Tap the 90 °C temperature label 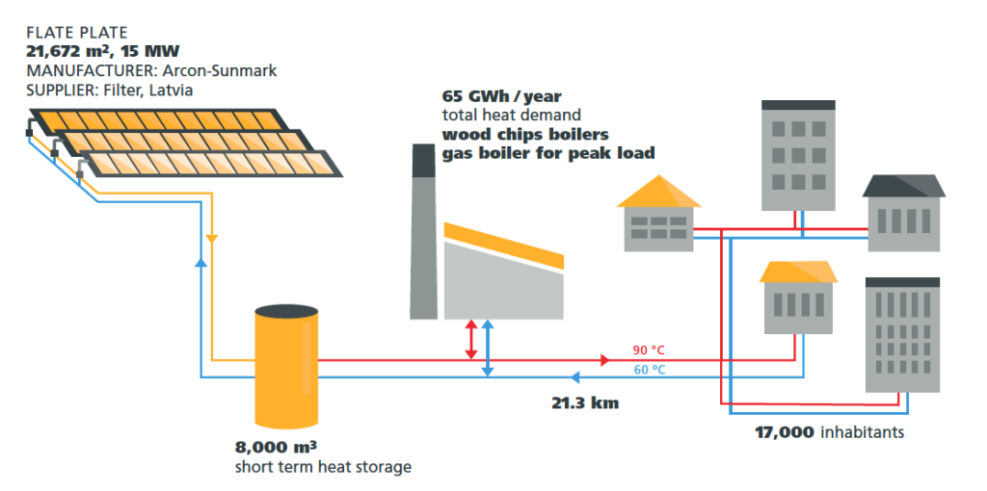649,350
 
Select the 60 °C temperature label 649,370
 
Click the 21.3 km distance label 584,402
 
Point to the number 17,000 784,432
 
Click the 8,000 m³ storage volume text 277,448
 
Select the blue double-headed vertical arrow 488,348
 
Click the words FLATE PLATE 76,33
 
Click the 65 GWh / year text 501,96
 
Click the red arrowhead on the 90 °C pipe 605,360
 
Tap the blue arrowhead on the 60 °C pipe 574,376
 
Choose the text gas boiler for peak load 547,152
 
